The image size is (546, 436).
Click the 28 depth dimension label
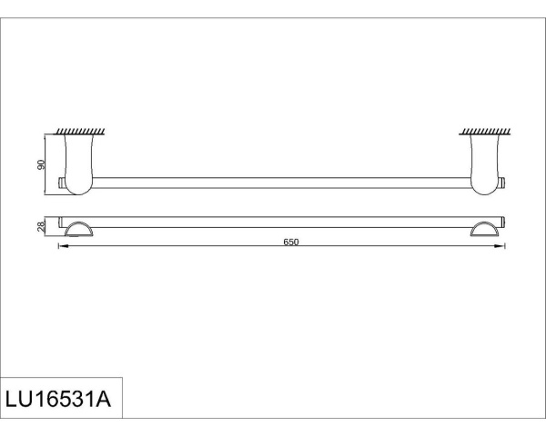point(41,226)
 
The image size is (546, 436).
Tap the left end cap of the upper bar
point(62,183)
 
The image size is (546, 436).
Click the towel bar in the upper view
point(282,182)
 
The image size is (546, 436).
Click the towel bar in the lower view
point(282,220)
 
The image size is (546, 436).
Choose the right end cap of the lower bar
point(502,221)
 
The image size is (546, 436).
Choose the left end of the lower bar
point(61,221)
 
